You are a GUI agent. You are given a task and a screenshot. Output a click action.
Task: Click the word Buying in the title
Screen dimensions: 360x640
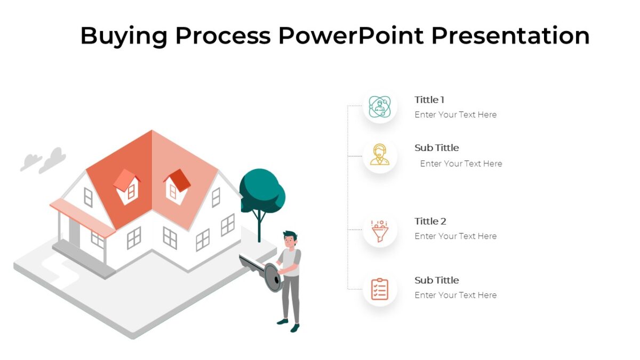pos(123,36)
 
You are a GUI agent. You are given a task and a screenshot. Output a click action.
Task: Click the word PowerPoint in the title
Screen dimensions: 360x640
pos(350,36)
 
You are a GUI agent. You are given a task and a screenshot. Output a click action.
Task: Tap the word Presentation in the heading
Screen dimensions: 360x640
pos(510,36)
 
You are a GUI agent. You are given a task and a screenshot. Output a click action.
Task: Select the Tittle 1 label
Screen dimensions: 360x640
pos(429,100)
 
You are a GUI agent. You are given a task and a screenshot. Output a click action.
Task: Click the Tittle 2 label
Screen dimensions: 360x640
pos(430,221)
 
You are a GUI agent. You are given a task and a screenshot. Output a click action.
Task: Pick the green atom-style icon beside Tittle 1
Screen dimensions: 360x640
pos(380,107)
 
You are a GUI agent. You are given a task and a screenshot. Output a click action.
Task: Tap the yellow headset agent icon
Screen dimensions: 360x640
pos(380,155)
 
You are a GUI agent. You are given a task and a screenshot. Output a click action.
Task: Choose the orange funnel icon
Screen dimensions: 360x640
pos(380,230)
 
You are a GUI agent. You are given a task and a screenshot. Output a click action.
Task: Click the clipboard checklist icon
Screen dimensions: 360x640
pos(380,289)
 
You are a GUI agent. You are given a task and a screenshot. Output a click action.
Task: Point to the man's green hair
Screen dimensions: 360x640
pos(290,235)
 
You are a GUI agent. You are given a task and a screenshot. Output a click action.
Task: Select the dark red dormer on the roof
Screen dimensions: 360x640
pos(178,180)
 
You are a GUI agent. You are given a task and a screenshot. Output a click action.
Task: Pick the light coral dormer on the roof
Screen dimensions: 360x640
pos(126,180)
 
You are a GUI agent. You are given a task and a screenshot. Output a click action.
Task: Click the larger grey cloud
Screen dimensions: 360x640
pos(53,159)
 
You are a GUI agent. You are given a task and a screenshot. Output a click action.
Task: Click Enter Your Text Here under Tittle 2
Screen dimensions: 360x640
pos(455,236)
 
